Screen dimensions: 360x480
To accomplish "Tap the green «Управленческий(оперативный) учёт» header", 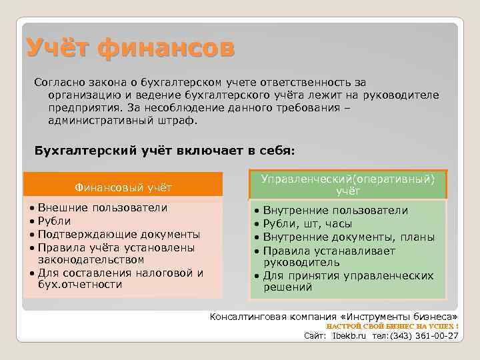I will [x=347, y=185].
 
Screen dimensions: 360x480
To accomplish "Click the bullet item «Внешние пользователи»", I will [x=102, y=207].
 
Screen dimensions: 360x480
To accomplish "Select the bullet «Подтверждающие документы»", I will [x=119, y=234].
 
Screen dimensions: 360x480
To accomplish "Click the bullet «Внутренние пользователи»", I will [x=335, y=211].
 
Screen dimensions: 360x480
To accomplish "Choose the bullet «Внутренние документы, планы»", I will [x=349, y=237].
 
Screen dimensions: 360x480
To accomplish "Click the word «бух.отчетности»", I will [x=80, y=285].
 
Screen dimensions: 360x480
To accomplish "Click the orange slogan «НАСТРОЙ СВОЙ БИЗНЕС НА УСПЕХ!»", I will [x=392, y=326].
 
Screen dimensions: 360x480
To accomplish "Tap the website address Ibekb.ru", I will [x=349, y=337].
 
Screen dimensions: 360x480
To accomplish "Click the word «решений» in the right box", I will [x=288, y=288].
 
